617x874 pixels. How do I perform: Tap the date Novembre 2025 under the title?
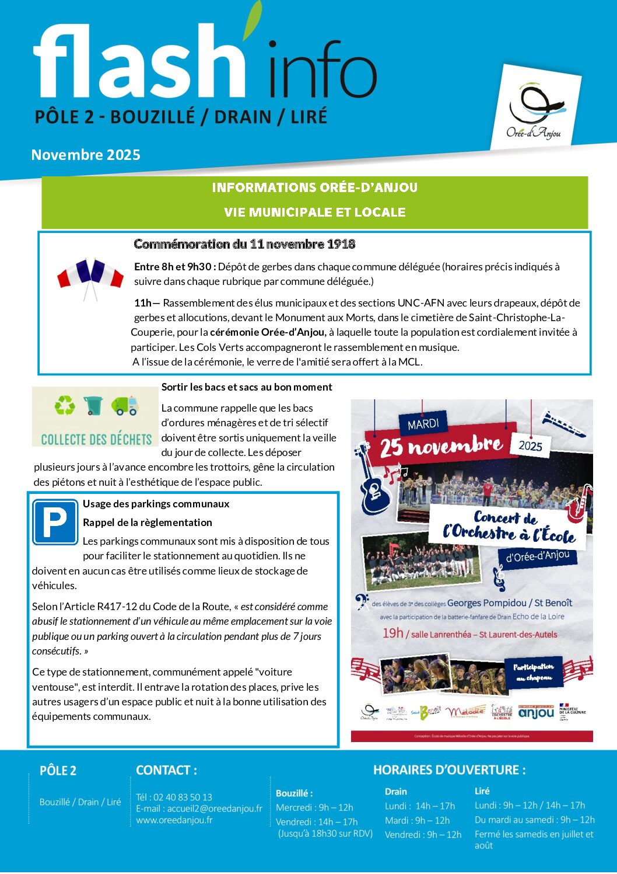point(86,155)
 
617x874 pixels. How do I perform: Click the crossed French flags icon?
point(90,276)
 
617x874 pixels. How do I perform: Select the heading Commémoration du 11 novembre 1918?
point(244,244)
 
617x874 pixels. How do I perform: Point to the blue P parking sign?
point(55,522)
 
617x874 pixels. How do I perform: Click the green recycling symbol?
point(65,405)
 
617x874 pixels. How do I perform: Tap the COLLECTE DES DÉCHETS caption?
point(96,439)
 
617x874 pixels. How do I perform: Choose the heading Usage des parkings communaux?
point(156,504)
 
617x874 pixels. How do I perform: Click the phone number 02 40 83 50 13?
point(183,797)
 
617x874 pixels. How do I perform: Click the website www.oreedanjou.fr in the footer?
point(174,820)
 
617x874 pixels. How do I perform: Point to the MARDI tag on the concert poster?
point(423,424)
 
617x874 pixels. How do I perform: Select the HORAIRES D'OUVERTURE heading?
point(449,769)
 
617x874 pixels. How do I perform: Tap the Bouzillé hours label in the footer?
point(294,793)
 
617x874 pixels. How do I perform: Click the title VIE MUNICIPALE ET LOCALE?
point(314,213)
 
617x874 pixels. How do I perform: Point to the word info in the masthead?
point(322,70)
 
